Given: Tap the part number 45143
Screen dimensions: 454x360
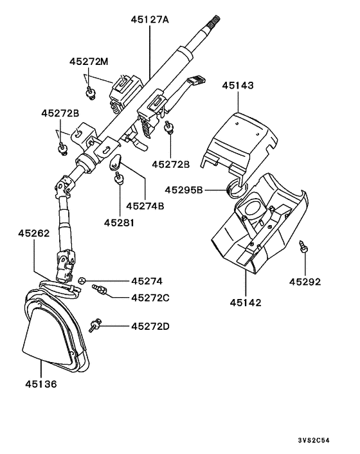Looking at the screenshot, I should [239, 85].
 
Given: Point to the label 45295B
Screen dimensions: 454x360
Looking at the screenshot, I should [184, 190].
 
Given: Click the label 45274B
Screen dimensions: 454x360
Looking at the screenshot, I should [145, 206].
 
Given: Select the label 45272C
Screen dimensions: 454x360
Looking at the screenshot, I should [150, 298].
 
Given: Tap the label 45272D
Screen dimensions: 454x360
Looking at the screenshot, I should [150, 327].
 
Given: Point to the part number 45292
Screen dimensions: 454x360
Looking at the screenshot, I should [304, 281].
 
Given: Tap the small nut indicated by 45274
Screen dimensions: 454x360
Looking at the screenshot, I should [82, 280].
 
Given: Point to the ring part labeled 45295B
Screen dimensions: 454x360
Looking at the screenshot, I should [236, 187].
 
